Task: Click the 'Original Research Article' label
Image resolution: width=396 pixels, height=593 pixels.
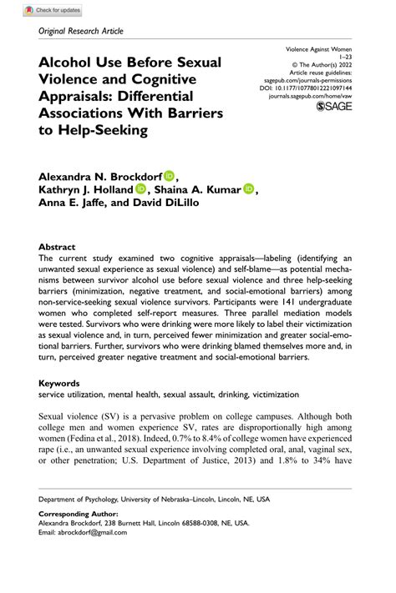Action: [81, 31]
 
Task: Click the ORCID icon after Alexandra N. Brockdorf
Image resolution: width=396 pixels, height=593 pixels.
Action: [170, 175]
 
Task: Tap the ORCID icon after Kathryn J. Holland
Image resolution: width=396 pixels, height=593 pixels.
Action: [140, 189]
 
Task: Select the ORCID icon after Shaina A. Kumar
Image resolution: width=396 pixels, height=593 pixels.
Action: [248, 189]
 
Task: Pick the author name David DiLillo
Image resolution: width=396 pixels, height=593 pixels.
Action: [180, 204]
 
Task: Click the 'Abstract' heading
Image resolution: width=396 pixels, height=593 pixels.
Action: [57, 248]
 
